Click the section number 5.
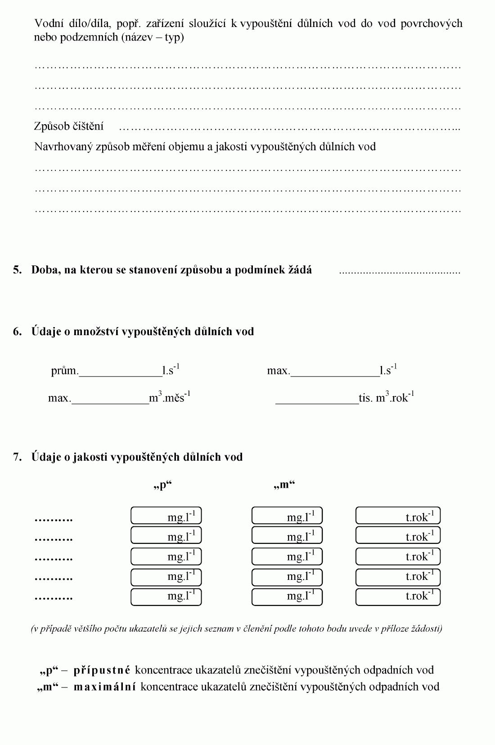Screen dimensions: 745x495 (x=17, y=270)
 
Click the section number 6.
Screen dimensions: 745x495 (x=17, y=332)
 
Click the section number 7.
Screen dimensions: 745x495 (x=17, y=457)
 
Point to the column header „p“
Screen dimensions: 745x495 (x=162, y=485)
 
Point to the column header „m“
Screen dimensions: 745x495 (x=284, y=485)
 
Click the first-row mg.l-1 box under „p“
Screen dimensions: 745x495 (x=166, y=516)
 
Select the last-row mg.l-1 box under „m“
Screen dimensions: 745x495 (x=287, y=597)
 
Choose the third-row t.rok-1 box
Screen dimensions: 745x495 (x=398, y=556)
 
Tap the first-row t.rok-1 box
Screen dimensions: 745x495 (x=398, y=516)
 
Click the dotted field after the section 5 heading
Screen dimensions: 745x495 (x=399, y=272)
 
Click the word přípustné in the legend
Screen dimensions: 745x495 (x=102, y=670)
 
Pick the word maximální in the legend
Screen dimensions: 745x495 (x=104, y=687)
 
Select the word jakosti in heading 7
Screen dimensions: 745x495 (x=90, y=457)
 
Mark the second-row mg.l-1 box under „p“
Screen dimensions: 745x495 (x=166, y=535)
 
